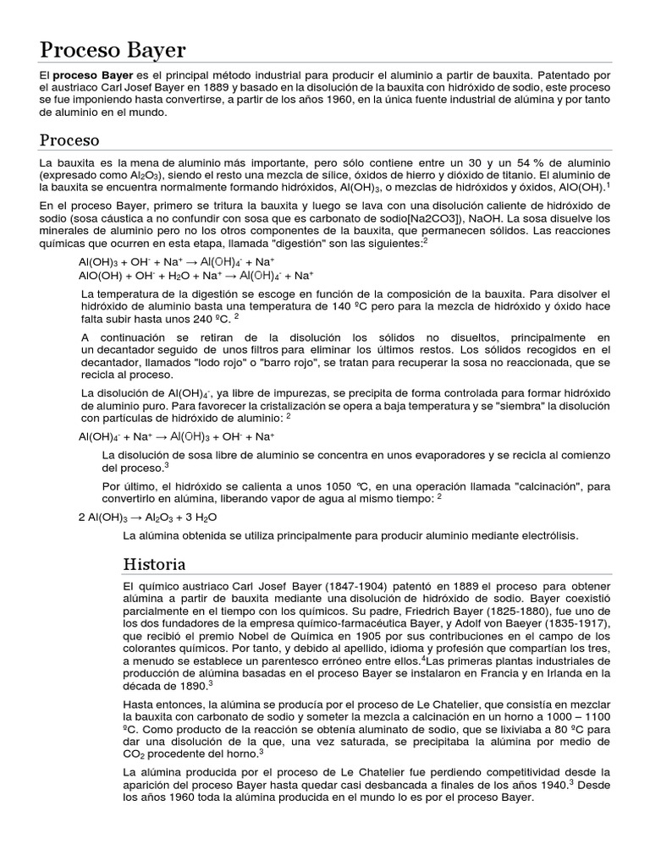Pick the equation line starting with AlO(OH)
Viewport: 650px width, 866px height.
tap(196, 275)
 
